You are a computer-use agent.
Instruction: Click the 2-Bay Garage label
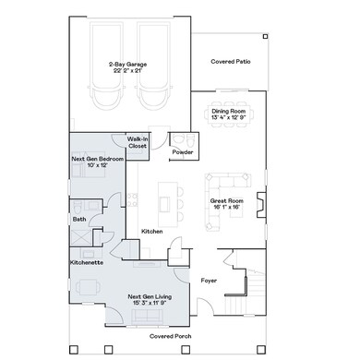click(129, 63)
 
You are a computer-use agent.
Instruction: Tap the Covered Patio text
click(230, 62)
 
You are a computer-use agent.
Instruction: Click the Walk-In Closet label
click(138, 142)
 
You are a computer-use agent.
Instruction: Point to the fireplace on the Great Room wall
click(262, 201)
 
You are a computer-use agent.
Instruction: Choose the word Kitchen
click(152, 231)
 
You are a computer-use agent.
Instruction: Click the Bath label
click(80, 219)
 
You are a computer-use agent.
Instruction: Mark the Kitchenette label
click(86, 262)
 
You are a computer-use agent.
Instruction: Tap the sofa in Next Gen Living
click(148, 318)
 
